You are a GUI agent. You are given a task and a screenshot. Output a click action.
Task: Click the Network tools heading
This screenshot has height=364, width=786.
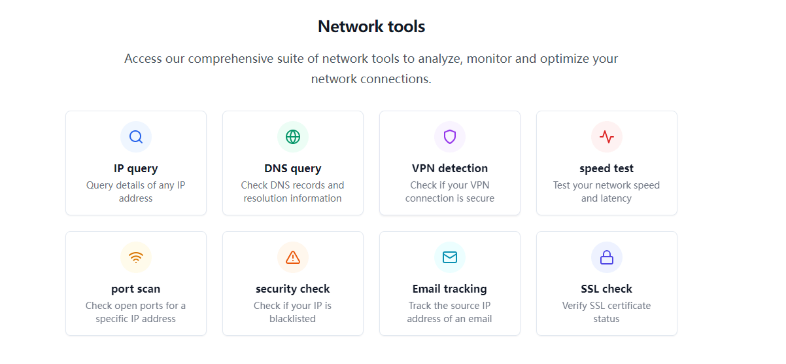pos(371,27)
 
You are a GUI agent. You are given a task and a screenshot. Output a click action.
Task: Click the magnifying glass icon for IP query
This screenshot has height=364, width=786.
pos(136,137)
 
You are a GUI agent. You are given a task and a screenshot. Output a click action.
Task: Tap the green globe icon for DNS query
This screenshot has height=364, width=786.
pos(293,137)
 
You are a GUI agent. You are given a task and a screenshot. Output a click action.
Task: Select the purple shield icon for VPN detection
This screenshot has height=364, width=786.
pos(450,137)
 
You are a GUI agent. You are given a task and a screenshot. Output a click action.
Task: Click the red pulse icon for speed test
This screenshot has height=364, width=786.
pos(607,137)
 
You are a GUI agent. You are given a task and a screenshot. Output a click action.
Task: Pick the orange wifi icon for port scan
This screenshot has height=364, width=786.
pos(136,257)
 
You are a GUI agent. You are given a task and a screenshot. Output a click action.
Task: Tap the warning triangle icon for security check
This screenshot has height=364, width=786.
pos(293,257)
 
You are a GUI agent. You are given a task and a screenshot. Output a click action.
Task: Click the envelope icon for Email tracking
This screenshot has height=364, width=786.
pos(450,257)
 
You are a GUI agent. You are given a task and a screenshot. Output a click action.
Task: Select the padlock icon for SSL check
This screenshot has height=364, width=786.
pos(607,257)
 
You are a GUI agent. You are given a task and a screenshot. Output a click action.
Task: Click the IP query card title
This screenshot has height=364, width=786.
pos(136,168)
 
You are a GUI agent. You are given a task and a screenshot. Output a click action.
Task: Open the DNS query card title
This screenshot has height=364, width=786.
pos(293,168)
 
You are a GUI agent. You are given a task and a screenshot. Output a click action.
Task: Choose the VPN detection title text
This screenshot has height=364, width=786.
pos(450,168)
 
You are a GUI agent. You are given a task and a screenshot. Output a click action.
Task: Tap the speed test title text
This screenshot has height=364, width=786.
pos(607,168)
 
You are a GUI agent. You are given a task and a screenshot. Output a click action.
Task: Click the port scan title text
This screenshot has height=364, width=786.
pos(136,289)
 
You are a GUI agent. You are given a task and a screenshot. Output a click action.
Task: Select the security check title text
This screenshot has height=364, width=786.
pos(293,289)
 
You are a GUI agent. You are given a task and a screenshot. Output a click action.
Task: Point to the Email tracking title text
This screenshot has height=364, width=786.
pos(450,289)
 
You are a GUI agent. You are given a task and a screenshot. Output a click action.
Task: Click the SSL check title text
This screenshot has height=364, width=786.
pos(607,289)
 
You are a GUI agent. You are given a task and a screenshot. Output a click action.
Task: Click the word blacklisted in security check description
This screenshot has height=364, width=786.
pos(293,319)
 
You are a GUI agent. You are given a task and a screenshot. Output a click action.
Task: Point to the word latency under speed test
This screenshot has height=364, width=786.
pos(615,198)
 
